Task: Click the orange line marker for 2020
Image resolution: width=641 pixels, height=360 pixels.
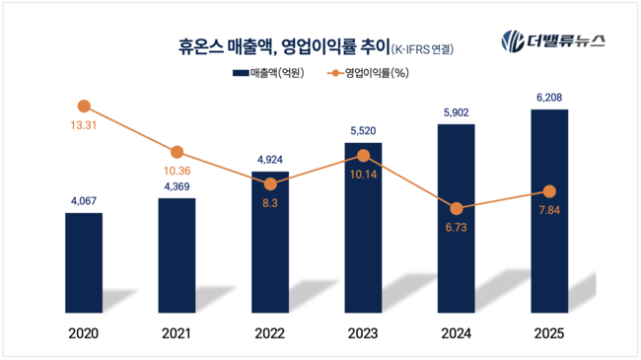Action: coord(84,107)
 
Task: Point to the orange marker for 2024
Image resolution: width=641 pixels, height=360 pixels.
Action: coord(457,208)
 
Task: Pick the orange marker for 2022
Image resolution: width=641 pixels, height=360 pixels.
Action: coord(270,183)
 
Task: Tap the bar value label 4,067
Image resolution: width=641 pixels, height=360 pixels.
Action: coord(84,202)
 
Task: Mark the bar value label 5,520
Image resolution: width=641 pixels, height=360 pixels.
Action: coord(363,131)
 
